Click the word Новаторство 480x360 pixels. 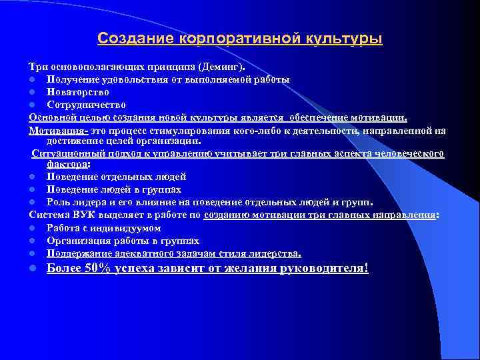tap(78, 92)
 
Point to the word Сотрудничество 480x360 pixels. tap(87, 105)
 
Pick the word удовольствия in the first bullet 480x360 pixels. tap(133, 79)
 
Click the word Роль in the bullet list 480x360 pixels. tap(58, 202)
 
